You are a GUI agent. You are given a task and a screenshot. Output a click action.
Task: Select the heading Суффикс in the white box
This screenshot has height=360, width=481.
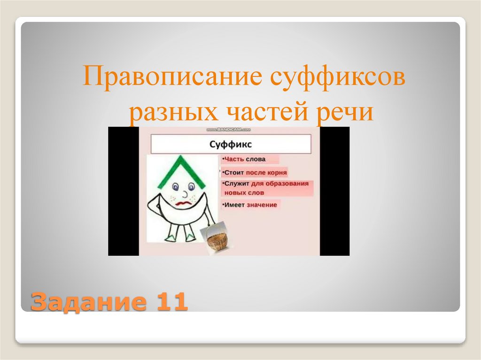[x=230, y=143]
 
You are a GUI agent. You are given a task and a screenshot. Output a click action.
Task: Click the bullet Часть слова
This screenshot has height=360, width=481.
[x=246, y=160]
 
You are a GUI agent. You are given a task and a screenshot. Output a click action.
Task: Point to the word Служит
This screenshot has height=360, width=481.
[x=237, y=184]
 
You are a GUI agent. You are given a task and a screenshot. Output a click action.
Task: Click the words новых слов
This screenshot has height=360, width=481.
[x=244, y=192]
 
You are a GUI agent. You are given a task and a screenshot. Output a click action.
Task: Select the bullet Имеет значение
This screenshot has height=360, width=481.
[x=251, y=205]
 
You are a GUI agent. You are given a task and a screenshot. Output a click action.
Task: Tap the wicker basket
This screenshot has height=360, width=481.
[x=217, y=240]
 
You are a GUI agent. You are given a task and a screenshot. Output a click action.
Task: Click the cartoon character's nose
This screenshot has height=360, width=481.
[x=185, y=193]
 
